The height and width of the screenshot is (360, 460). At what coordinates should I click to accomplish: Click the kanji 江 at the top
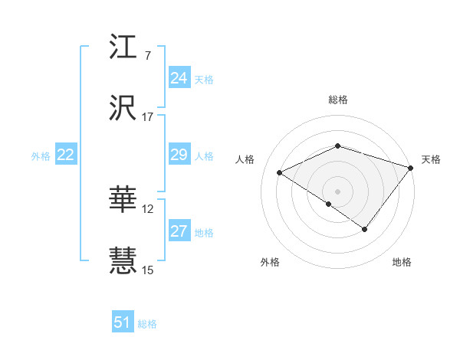point(123,47)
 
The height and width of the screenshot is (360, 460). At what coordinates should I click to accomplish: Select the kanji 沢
point(123,108)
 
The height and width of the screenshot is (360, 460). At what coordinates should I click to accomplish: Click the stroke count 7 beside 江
point(147,56)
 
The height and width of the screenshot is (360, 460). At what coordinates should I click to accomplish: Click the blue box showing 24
point(179,78)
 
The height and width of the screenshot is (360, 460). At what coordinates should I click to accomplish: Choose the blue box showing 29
point(179,155)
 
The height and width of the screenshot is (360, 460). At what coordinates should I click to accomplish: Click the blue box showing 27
point(179,231)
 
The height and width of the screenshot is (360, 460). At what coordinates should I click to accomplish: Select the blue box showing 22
point(65,155)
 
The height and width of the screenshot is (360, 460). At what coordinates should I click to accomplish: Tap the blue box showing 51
point(122,322)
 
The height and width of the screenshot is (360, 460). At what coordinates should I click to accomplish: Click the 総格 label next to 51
point(147,324)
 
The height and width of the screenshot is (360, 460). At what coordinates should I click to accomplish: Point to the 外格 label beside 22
point(41,156)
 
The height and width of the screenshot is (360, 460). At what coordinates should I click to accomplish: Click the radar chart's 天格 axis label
point(431,159)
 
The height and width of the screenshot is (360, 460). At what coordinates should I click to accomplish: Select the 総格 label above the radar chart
point(337,100)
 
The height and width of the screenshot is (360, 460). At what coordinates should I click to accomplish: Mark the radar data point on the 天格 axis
point(411,167)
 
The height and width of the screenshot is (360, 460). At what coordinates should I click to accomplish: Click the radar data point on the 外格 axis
point(328,204)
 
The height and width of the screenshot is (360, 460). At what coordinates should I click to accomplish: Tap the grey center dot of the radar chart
point(337,191)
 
